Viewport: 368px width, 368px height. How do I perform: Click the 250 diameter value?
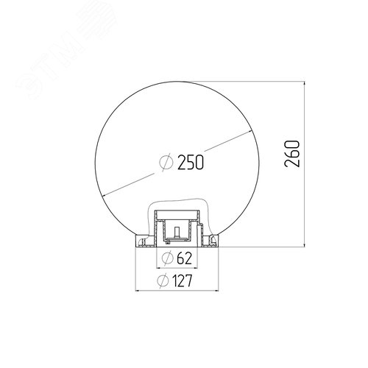click(x=191, y=162)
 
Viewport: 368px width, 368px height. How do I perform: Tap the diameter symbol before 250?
click(x=166, y=162)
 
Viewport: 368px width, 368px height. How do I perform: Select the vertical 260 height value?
click(x=292, y=154)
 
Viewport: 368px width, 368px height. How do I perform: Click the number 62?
click(x=184, y=258)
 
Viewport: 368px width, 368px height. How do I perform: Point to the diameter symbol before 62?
click(x=168, y=258)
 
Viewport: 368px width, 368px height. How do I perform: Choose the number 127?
click(x=182, y=280)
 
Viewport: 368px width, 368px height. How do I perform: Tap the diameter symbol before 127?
click(x=163, y=280)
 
